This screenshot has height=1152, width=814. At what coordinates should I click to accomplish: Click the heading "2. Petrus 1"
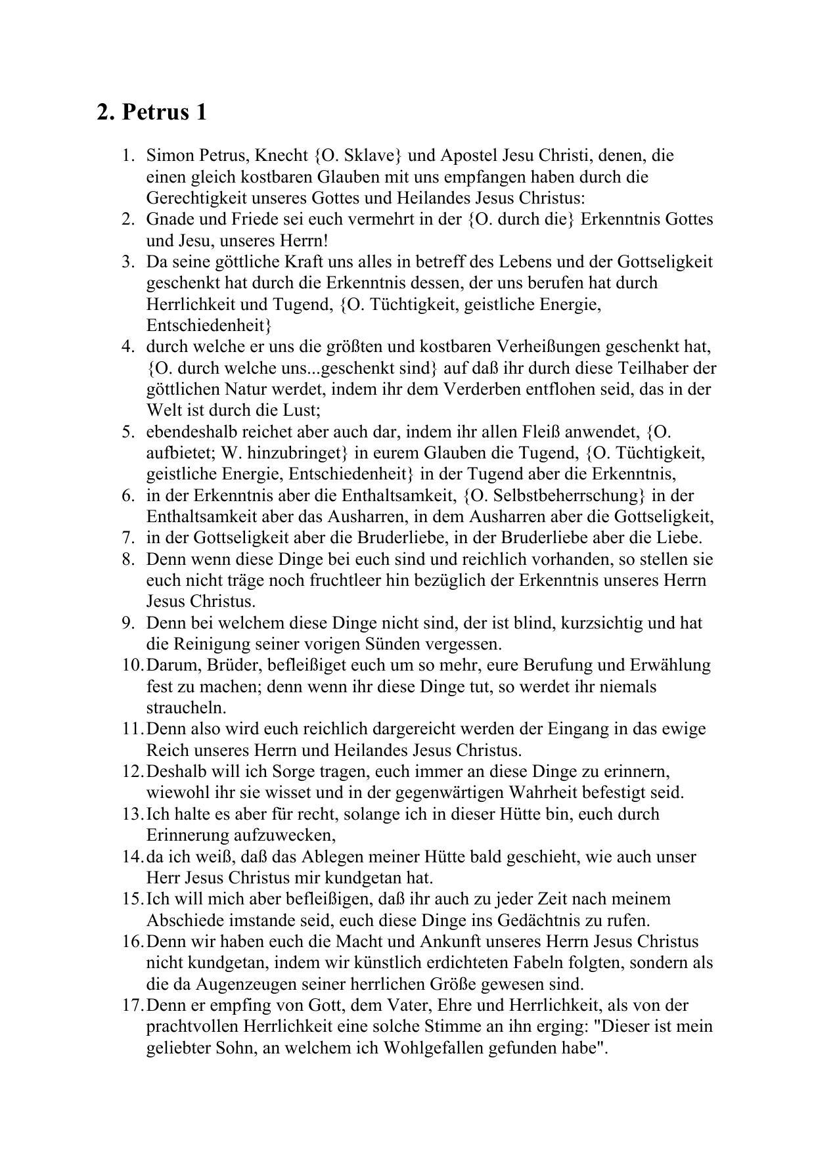pos(152,112)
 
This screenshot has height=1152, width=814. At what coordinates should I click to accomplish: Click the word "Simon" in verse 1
pos(167,156)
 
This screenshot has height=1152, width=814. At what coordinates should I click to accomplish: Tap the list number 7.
pos(128,538)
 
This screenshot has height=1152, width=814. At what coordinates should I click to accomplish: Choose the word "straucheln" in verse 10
pos(185,708)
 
